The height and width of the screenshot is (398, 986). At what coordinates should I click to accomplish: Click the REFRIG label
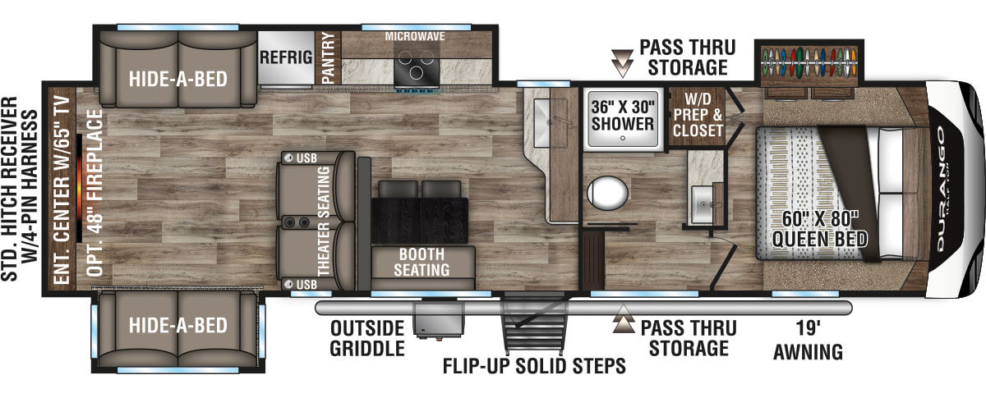(x=286, y=57)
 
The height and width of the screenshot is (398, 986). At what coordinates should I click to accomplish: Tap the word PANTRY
(x=329, y=57)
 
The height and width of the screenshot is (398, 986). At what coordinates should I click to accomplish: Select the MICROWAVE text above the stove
(x=415, y=36)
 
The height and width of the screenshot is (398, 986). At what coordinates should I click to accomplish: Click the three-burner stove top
(x=417, y=66)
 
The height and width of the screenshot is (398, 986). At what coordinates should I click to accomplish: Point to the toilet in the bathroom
(x=607, y=193)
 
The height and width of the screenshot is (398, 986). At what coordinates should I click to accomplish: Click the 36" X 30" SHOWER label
(x=623, y=115)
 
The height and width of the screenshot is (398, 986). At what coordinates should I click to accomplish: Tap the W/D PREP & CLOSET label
(x=698, y=115)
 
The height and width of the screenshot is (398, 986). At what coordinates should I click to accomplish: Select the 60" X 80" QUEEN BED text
(x=820, y=229)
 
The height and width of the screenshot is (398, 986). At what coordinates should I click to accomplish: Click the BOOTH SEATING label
(x=422, y=262)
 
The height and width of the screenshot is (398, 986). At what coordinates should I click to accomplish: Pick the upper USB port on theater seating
(x=288, y=158)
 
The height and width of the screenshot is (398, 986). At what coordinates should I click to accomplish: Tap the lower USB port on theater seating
(x=288, y=284)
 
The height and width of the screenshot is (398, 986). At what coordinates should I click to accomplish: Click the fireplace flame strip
(x=79, y=188)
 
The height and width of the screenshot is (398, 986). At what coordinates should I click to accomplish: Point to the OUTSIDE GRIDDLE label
(x=367, y=338)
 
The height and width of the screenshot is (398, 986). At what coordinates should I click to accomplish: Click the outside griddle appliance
(x=439, y=320)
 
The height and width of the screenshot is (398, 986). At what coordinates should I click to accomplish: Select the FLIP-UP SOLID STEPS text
(x=534, y=366)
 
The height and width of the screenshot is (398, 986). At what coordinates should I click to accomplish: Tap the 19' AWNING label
(x=809, y=340)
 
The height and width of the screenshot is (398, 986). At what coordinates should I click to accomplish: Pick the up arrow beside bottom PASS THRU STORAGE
(x=624, y=319)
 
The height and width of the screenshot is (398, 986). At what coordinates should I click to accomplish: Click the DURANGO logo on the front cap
(x=941, y=189)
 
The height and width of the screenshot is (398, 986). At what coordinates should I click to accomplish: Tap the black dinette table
(x=420, y=221)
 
